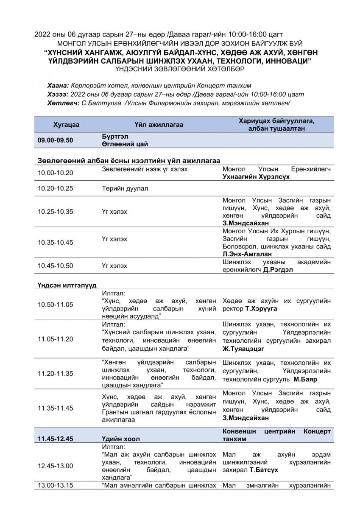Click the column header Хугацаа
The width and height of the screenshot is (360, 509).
click(66, 125)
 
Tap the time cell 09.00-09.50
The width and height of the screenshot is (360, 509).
click(55, 140)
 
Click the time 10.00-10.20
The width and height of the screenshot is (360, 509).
click(55, 173)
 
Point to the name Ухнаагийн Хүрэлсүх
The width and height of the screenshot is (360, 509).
click(256, 176)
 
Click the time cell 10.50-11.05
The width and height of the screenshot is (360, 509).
click(55, 305)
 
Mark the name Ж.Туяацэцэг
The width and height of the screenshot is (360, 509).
click(243, 349)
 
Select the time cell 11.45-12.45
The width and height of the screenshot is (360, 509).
click(55, 439)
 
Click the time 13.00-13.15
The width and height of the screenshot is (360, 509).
click(55, 485)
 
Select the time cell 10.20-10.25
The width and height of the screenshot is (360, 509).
click(55, 188)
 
